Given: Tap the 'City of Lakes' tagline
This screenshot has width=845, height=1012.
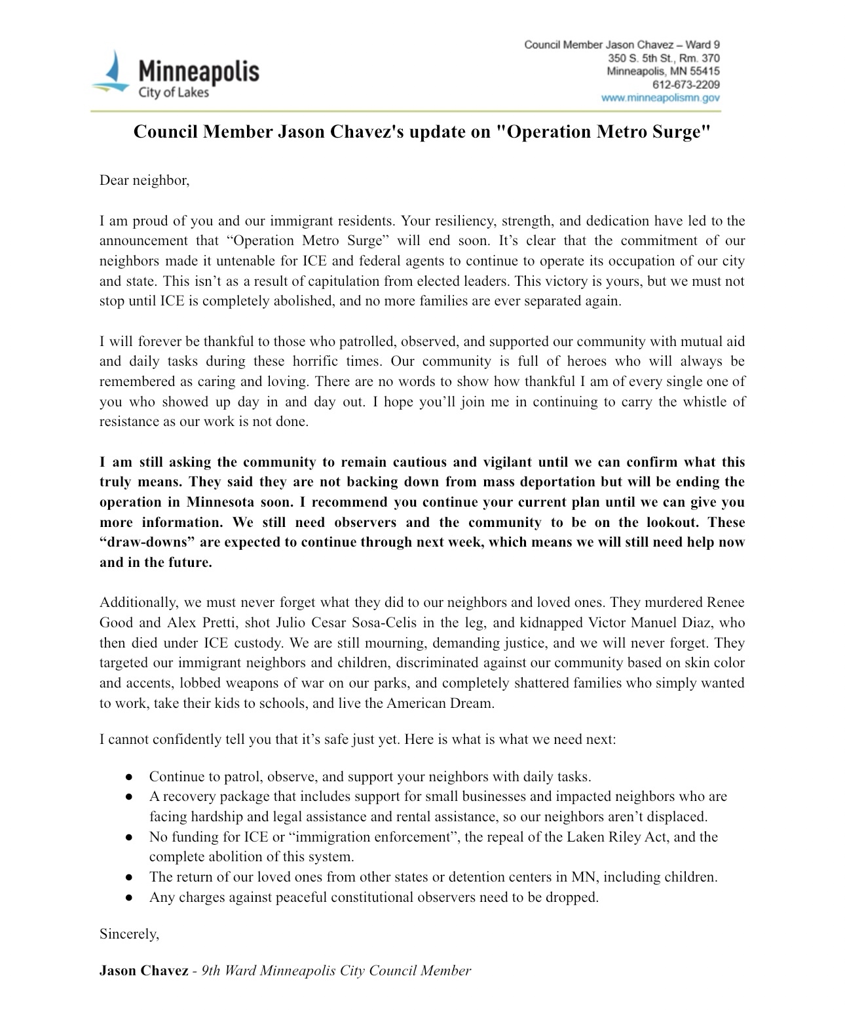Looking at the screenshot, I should (x=173, y=92).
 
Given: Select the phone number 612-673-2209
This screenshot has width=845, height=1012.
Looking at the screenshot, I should (x=686, y=85).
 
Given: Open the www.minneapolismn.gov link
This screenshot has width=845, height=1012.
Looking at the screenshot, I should (x=660, y=98).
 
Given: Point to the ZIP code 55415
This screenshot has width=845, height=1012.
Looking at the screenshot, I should (x=705, y=71).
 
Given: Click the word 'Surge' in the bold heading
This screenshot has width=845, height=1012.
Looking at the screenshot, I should (x=677, y=132).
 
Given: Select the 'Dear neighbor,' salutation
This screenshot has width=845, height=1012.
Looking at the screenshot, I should (x=144, y=180).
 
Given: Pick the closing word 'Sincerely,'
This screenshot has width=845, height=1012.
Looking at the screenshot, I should (x=129, y=934).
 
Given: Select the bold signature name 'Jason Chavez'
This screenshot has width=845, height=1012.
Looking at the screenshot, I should (x=143, y=971).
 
